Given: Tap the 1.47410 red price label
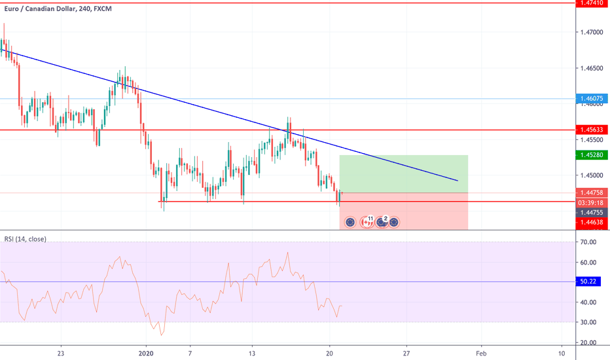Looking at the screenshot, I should pyautogui.click(x=591, y=3).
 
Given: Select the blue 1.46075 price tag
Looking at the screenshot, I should pyautogui.click(x=591, y=99).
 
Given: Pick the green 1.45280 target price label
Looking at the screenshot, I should pyautogui.click(x=591, y=155).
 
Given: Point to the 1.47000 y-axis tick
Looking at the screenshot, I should pyautogui.click(x=591, y=31).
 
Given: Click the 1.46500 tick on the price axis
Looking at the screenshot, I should pyautogui.click(x=591, y=68).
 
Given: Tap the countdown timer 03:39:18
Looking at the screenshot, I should pyautogui.click(x=591, y=203).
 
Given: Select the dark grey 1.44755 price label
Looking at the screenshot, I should pyautogui.click(x=591, y=213).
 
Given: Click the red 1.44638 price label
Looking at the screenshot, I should pyautogui.click(x=591, y=223).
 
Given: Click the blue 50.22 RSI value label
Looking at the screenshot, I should pyautogui.click(x=591, y=281).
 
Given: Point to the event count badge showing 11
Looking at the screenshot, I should pyautogui.click(x=370, y=219).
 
